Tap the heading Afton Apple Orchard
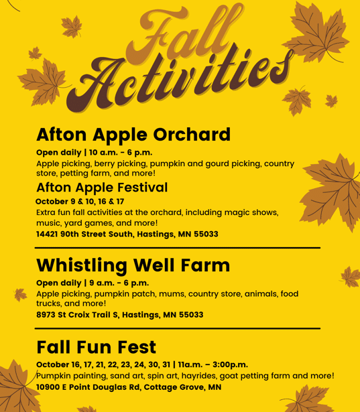tap(133, 135)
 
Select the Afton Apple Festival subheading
tap(102, 187)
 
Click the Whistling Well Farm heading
tap(133, 265)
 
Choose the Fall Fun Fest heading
tap(96, 347)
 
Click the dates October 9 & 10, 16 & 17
tap(80, 201)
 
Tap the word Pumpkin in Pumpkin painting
tap(56, 376)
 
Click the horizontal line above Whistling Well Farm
tap(178, 248)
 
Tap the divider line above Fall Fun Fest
tap(178, 328)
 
